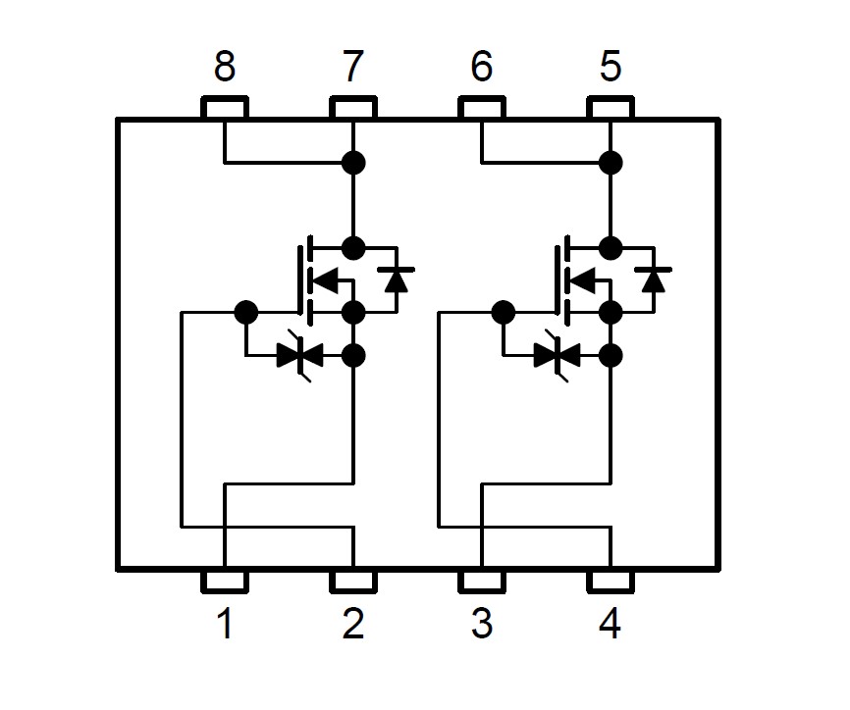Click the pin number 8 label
pyautogui.click(x=225, y=66)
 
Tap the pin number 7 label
pyautogui.click(x=353, y=66)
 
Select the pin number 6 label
pyautogui.click(x=482, y=66)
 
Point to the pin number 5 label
pyautogui.click(x=611, y=66)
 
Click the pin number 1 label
pyautogui.click(x=225, y=624)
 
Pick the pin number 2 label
pyautogui.click(x=353, y=624)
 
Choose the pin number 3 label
pyautogui.click(x=482, y=624)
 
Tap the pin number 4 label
pyautogui.click(x=610, y=624)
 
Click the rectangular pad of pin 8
pyautogui.click(x=225, y=107)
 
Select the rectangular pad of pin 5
pyautogui.click(x=611, y=107)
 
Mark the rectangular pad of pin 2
pyautogui.click(x=353, y=582)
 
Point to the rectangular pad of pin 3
pyautogui.click(x=482, y=582)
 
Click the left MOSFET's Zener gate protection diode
pyautogui.click(x=299, y=356)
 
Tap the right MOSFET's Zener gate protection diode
pyautogui.click(x=557, y=356)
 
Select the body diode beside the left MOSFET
pyautogui.click(x=397, y=279)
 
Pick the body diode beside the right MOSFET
pyautogui.click(x=654, y=279)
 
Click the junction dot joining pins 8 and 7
pyautogui.click(x=353, y=163)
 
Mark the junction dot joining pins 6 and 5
pyautogui.click(x=611, y=163)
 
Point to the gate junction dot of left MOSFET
pyautogui.click(x=246, y=313)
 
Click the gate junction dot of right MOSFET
pyautogui.click(x=504, y=313)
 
